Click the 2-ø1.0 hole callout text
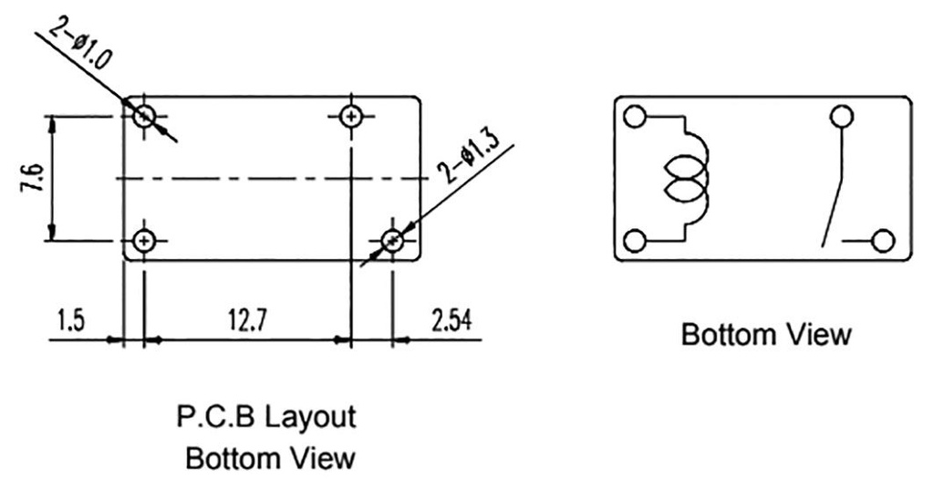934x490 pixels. [80, 43]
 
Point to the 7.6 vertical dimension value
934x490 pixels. [34, 178]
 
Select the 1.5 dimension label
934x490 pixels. [71, 320]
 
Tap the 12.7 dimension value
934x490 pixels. [248, 320]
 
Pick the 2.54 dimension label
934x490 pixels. [451, 320]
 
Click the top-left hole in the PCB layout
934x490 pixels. [144, 116]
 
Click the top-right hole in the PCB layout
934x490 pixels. [351, 116]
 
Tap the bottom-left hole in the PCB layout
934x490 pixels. [143, 242]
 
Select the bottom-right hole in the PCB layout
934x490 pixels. [392, 242]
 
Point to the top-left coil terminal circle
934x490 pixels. [635, 116]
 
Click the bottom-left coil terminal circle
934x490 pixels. [635, 242]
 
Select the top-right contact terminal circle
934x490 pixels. [842, 116]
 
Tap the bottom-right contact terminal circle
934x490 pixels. [883, 242]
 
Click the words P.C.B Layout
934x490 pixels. [266, 417]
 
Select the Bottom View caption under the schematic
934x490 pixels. [766, 334]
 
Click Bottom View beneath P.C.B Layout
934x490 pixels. [270, 458]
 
